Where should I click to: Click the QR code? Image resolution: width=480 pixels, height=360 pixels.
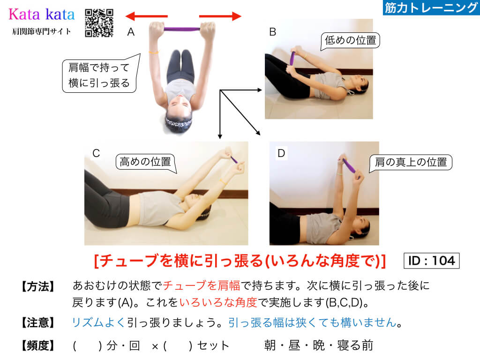pos(99,23)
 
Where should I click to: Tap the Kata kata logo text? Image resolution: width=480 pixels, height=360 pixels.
pos(42,15)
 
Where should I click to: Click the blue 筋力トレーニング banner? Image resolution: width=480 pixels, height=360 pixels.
pos(431,7)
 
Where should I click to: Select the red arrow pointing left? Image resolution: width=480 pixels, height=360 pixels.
pos(147,16)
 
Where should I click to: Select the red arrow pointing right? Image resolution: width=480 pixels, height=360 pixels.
pos(220,16)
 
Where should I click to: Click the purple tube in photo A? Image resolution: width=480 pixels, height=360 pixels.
pos(182,30)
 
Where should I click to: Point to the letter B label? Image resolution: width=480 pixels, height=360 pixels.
pos(272,32)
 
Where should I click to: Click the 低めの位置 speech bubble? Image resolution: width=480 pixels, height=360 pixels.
pos(350,41)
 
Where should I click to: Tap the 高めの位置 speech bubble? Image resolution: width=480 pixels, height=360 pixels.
pos(145,162)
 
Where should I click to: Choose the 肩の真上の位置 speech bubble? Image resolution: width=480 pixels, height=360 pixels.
pos(411,162)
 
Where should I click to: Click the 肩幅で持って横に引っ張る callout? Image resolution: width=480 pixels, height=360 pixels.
pos(99,75)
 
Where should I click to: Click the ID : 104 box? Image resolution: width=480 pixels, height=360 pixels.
pos(432,261)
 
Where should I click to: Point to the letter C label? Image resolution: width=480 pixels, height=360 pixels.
pos(96,153)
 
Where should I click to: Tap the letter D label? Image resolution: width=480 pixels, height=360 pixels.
pos(281,153)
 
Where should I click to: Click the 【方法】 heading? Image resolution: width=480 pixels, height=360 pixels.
pos(38,286)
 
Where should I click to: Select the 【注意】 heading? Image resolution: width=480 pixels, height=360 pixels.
pos(38,322)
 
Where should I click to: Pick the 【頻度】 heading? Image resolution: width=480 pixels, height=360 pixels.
pos(38,345)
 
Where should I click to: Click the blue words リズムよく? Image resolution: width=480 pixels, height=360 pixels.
pos(98,322)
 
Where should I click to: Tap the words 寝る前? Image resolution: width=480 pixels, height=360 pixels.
pos(355,345)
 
